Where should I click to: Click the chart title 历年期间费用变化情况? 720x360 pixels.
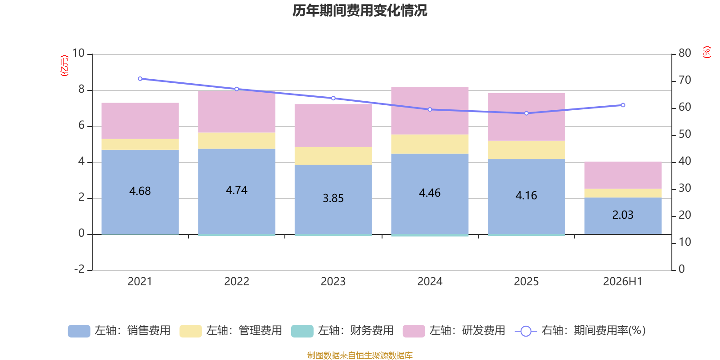(x=360, y=11)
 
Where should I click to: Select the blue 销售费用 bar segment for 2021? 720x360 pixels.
(x=140, y=192)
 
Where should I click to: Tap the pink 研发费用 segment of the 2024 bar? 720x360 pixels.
(x=430, y=111)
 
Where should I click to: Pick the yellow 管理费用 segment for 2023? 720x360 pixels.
(x=333, y=156)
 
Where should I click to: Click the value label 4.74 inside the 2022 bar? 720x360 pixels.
(x=237, y=190)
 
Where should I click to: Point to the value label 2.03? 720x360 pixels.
(x=623, y=215)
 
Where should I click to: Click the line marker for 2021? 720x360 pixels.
(x=140, y=79)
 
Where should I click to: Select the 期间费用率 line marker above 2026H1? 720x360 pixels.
(x=623, y=105)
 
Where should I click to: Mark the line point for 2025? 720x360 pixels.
(x=526, y=113)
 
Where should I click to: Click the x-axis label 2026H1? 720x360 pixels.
(x=623, y=282)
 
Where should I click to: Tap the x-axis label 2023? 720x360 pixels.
(x=333, y=282)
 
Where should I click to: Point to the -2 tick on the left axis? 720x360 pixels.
(x=79, y=269)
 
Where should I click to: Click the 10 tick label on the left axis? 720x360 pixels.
(x=78, y=53)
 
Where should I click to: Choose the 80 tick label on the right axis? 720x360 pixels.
(x=684, y=53)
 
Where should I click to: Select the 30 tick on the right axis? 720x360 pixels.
(x=684, y=188)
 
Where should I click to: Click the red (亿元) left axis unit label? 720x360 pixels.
(x=65, y=65)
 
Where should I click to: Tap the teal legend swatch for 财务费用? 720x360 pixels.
(x=302, y=331)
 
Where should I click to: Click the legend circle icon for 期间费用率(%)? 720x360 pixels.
(x=526, y=331)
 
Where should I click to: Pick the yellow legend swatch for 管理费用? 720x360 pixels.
(x=191, y=331)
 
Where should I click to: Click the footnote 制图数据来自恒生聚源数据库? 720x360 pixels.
(x=360, y=355)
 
